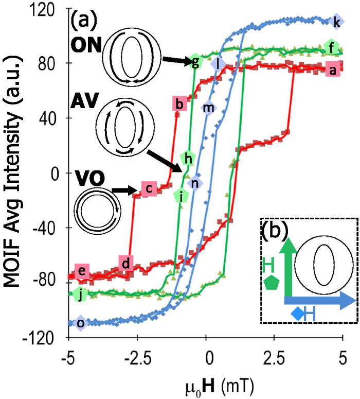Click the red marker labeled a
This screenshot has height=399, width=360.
[332, 72]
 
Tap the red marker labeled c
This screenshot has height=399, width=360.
[148, 189]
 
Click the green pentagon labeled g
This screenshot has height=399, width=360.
[194, 63]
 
